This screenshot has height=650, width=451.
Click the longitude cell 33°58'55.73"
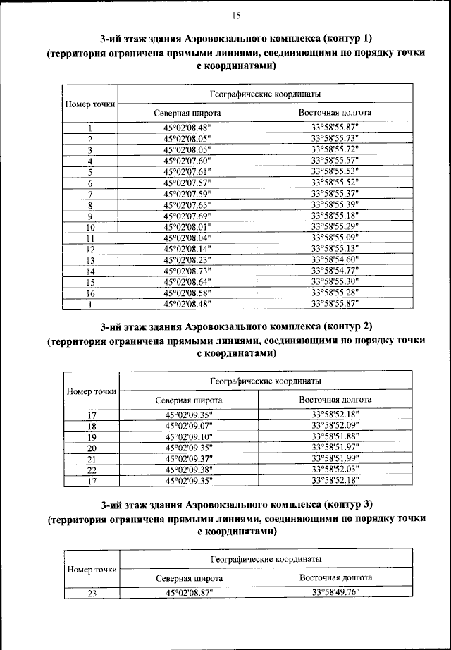335,139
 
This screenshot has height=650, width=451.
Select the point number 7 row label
90,194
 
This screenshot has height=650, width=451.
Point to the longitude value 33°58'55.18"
335,216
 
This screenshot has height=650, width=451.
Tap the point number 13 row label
90,260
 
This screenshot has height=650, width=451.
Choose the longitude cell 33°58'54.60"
335,259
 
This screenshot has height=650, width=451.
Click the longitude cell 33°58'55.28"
335,293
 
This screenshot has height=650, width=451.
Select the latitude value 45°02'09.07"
189,427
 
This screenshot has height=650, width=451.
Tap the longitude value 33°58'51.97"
335,448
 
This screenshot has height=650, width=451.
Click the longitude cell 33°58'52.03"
335,470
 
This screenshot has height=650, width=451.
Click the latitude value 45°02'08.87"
189,594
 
